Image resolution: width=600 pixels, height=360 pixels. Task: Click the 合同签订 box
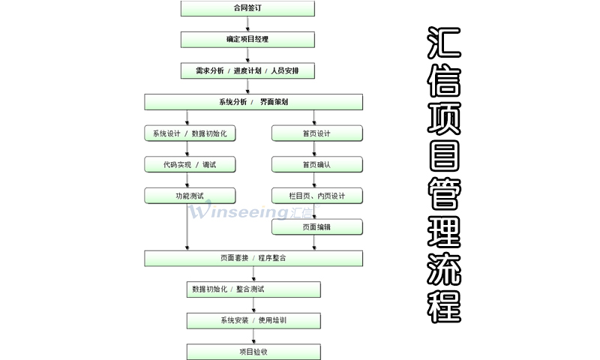coord(247,9)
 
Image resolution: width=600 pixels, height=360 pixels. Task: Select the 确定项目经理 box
coord(247,39)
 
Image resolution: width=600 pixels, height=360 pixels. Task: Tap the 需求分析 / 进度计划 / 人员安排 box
coord(247,70)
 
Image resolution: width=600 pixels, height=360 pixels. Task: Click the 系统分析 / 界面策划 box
coord(253,102)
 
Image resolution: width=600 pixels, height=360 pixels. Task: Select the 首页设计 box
coord(316,133)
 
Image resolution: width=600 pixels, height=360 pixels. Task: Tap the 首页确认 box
coord(316,164)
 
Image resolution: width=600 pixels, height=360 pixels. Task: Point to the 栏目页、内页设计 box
coord(316,196)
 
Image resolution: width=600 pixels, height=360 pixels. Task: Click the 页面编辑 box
coord(316,226)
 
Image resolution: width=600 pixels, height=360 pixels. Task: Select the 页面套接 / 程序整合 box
coord(253,258)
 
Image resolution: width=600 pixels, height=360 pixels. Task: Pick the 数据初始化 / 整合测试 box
coord(253,289)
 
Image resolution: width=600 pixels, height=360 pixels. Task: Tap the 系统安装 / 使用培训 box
coord(253,320)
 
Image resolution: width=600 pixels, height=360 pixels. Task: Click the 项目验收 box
coord(253,352)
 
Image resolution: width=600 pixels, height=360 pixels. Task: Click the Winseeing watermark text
coord(247,212)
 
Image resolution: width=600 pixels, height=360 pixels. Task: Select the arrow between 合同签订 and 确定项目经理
coord(247,24)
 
